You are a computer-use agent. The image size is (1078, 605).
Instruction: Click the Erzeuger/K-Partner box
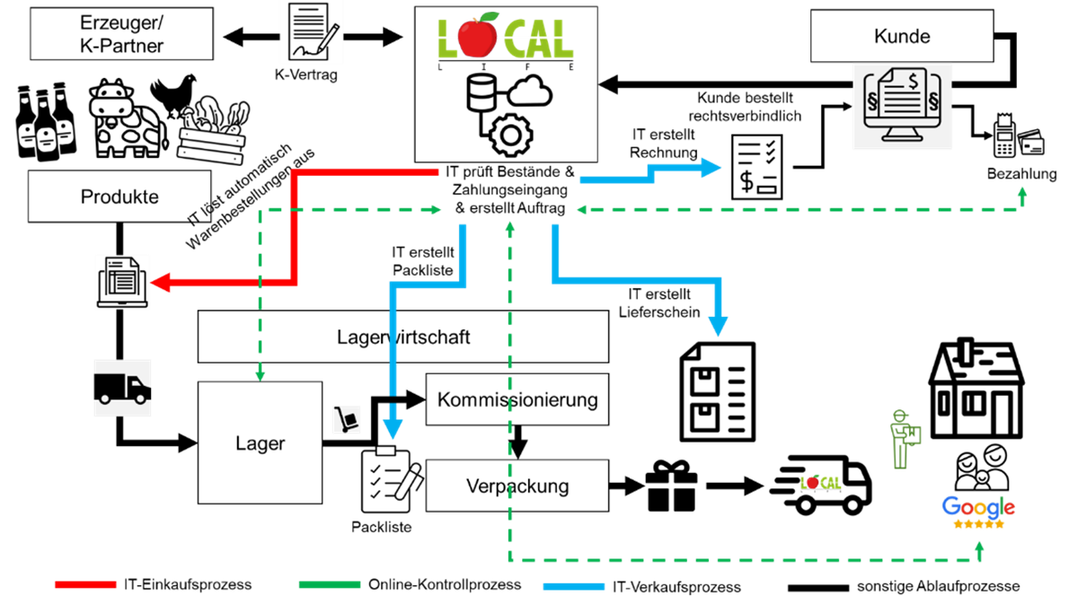(122, 34)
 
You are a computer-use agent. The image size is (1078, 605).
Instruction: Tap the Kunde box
(902, 36)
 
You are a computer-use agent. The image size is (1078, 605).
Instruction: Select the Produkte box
(119, 197)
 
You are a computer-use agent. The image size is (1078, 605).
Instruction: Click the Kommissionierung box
(517, 399)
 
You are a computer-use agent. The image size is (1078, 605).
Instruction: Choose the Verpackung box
(517, 486)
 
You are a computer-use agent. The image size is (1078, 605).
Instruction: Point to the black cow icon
(128, 118)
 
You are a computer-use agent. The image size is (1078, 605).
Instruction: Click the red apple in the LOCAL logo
(477, 35)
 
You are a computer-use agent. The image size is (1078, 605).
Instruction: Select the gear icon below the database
(510, 136)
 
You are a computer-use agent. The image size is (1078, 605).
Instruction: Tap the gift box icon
(671, 486)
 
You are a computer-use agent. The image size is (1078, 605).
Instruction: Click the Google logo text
(978, 507)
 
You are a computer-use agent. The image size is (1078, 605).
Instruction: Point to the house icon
(976, 388)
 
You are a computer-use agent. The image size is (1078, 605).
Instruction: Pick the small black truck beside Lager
(122, 388)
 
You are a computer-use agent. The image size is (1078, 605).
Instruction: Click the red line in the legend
(85, 584)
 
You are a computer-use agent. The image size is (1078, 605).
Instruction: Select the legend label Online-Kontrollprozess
(445, 584)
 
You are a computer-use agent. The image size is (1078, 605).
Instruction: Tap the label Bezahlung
(1021, 173)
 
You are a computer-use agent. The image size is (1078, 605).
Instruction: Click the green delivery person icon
(905, 439)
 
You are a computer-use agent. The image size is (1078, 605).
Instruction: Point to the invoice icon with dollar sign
(757, 167)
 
